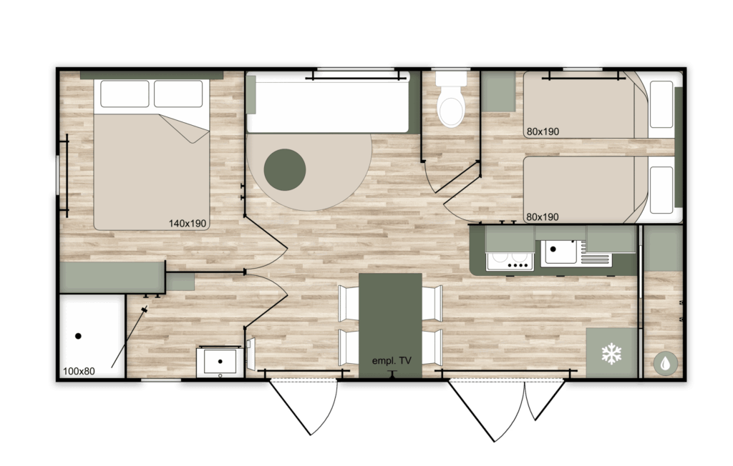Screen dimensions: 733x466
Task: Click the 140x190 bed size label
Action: [187, 224]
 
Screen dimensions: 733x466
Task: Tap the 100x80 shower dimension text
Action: [79, 371]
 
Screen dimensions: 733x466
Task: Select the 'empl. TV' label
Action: [392, 360]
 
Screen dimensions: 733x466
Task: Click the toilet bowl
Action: [451, 106]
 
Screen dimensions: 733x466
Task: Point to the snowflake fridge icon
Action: [611, 354]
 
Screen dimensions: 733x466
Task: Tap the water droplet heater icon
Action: [665, 363]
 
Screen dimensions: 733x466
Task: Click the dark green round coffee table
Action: [285, 169]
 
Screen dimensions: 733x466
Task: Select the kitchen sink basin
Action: [559, 252]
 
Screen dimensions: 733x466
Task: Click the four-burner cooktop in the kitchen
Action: [510, 261]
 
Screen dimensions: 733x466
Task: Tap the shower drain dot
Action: [78, 336]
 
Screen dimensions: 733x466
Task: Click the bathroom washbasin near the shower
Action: [220, 362]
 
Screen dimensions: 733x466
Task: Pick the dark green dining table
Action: [390, 325]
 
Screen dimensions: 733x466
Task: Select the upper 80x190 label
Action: [543, 132]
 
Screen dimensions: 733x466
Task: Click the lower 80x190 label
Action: [543, 217]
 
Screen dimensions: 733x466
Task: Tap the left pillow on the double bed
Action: [125, 94]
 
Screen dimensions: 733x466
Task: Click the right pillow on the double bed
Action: [178, 94]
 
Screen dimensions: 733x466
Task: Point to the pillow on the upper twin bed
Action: [661, 104]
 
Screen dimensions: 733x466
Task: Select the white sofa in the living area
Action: [328, 103]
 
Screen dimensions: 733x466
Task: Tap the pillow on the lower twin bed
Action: [661, 190]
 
